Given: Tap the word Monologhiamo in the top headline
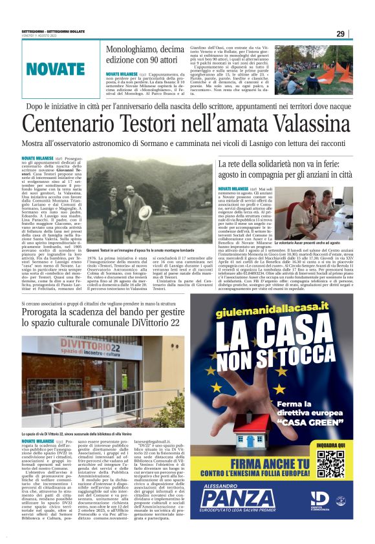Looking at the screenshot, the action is click(135, 49).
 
